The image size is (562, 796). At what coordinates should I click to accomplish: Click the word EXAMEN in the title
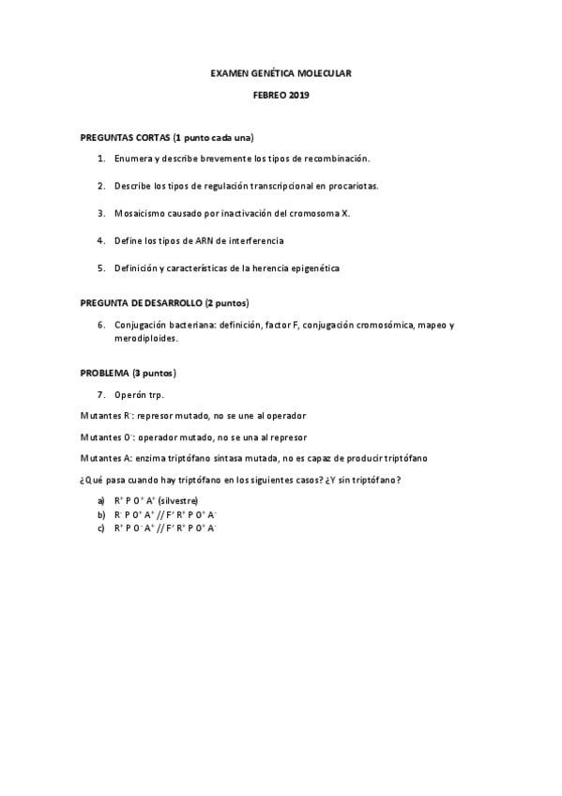point(229,72)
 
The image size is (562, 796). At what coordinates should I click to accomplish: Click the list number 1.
point(100,159)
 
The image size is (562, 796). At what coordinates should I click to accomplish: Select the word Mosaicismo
point(141,213)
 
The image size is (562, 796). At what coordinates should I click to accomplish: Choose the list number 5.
point(100,268)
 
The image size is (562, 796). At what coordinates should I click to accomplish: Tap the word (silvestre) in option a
point(178,501)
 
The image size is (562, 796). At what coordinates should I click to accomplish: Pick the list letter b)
point(100,514)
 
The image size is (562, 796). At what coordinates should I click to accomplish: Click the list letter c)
point(100,528)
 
